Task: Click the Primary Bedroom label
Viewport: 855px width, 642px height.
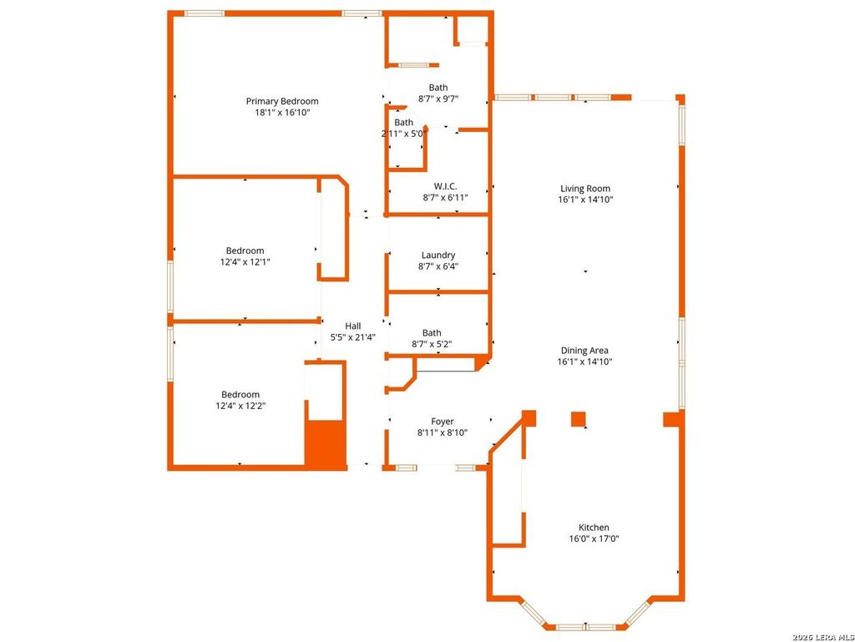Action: (282, 101)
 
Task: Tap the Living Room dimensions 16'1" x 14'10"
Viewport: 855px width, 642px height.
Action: (585, 200)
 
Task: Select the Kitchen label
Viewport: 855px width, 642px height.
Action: (594, 528)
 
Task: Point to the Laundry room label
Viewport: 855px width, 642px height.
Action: (438, 255)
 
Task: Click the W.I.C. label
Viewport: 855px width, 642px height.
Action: (446, 186)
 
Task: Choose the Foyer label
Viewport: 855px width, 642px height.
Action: (443, 422)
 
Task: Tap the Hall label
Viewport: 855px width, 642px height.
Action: (353, 326)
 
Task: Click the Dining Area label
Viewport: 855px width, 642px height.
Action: (584, 351)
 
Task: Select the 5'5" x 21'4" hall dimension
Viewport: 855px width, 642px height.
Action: (353, 337)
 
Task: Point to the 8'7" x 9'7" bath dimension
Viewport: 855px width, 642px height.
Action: (438, 99)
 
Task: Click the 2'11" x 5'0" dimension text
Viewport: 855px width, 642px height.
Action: (404, 134)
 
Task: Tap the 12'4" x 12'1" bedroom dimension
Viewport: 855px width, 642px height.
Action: (245, 262)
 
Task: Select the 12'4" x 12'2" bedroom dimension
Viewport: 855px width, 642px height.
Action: (240, 406)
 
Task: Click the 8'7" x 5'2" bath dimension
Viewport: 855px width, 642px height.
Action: (432, 345)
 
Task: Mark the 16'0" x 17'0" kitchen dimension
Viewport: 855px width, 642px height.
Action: (594, 539)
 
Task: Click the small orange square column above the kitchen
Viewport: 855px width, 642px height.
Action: (578, 419)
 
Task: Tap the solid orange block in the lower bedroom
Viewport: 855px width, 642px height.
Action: (326, 443)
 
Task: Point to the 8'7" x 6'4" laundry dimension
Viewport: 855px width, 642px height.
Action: (438, 266)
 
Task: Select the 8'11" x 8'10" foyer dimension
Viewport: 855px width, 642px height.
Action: (443, 433)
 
